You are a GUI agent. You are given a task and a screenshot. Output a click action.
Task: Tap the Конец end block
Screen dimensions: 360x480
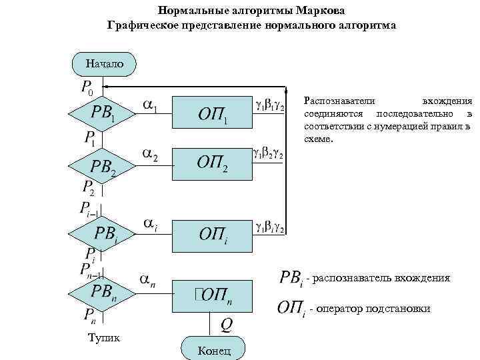point(213,350)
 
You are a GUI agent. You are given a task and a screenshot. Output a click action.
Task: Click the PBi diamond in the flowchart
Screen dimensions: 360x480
point(103,234)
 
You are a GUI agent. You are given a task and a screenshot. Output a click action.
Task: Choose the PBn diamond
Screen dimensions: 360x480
point(103,292)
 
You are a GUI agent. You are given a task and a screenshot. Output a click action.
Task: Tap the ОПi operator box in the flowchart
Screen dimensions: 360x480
point(212,235)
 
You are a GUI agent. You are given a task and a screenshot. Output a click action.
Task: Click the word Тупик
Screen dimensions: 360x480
point(104,338)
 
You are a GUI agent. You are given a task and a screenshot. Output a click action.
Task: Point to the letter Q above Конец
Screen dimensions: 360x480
point(227,325)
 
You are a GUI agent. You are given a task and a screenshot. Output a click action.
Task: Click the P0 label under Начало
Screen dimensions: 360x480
point(87,87)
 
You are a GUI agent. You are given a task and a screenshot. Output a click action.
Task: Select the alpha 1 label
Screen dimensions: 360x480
point(151,107)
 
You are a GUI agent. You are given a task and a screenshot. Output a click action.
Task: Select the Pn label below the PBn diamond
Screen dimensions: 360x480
point(89,315)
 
